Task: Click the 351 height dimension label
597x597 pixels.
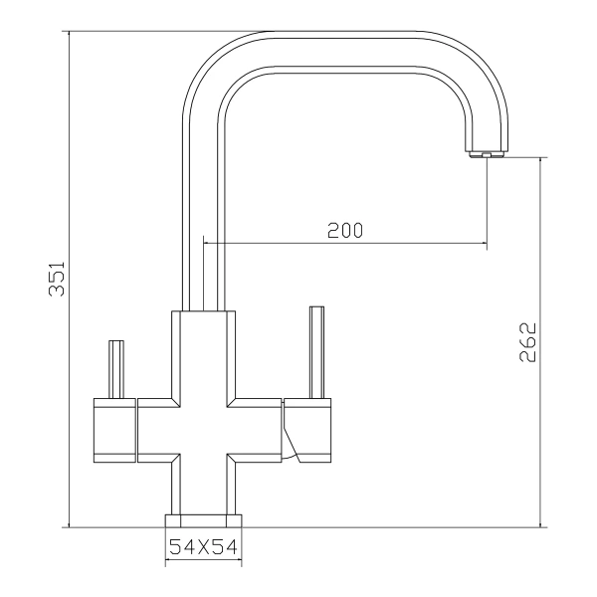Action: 57,279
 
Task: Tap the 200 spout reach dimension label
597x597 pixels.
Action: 345,231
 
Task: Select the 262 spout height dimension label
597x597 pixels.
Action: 527,342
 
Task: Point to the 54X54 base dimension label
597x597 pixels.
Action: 203,547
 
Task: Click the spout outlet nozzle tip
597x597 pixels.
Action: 487,154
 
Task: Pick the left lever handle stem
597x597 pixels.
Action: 116,369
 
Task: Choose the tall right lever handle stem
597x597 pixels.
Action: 316,352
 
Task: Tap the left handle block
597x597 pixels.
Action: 114,430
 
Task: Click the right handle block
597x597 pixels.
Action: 307,430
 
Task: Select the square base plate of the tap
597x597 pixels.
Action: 203,521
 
